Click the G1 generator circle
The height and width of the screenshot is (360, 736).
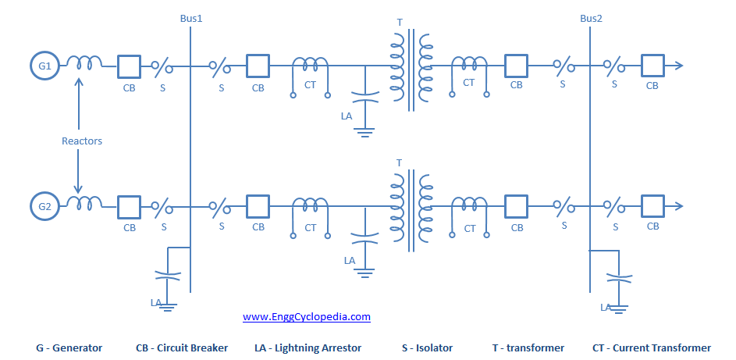(44, 66)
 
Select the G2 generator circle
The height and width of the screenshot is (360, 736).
(44, 207)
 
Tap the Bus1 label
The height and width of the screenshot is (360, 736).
(190, 17)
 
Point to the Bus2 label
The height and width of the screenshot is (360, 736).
(591, 17)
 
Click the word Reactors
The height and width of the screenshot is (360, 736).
(82, 141)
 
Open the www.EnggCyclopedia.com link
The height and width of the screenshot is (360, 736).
(306, 317)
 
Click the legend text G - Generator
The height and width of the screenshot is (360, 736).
(69, 348)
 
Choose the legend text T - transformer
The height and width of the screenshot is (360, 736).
(528, 348)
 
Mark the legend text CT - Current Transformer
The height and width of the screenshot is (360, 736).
(652, 348)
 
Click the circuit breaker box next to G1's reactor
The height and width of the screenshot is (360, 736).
(129, 66)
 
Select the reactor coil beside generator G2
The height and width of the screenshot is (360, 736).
(84, 204)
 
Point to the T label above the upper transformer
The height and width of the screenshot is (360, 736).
(400, 23)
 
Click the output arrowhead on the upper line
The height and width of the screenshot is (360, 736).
(679, 66)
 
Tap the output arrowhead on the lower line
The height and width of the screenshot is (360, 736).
(679, 207)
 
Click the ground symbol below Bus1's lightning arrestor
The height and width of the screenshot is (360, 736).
(165, 306)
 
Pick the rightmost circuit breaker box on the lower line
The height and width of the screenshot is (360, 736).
(652, 207)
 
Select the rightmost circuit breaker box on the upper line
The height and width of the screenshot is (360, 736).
(652, 66)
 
